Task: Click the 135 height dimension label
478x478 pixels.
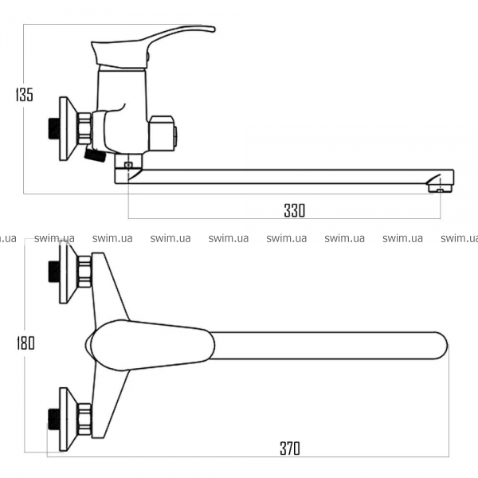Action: (25, 95)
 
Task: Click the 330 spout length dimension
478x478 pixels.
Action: (295, 210)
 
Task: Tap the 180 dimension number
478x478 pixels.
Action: (25, 343)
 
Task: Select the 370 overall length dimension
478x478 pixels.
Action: (290, 449)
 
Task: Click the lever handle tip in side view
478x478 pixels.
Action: (213, 29)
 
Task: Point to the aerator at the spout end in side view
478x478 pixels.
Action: (439, 189)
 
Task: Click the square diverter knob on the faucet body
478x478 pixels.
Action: (163, 133)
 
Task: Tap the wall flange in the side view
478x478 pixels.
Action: (68, 128)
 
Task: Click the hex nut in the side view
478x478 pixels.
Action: (85, 128)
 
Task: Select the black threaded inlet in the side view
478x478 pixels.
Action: (54, 128)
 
